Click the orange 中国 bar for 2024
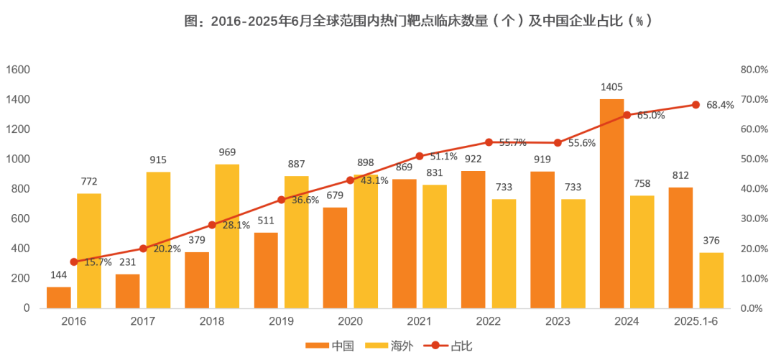click(x=611, y=203)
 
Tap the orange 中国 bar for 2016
click(x=59, y=297)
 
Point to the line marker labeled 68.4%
click(x=696, y=105)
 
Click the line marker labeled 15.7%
click(x=73, y=262)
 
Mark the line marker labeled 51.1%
click(x=420, y=156)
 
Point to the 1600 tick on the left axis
click(x=18, y=70)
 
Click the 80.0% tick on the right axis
click(x=754, y=70)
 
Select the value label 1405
click(x=611, y=87)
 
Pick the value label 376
click(x=711, y=241)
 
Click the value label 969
click(x=227, y=152)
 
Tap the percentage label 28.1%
click(x=235, y=225)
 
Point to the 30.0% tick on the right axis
click(x=754, y=218)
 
